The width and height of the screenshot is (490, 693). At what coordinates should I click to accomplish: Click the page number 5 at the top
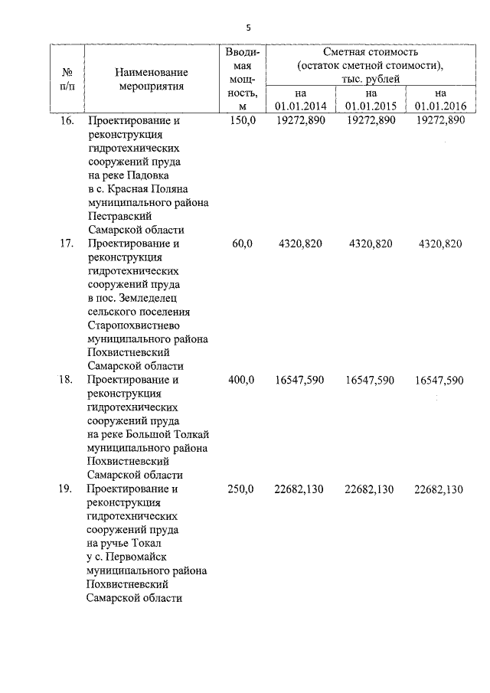tap(247, 28)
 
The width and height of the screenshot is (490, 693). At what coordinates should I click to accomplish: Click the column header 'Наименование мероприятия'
tap(151, 79)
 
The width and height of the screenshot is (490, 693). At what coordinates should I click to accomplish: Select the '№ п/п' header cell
tap(67, 79)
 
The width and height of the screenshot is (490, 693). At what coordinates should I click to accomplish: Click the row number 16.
tap(67, 121)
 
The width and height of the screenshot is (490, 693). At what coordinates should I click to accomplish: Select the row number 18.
tap(67, 380)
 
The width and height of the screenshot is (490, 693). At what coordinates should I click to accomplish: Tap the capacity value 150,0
tap(242, 121)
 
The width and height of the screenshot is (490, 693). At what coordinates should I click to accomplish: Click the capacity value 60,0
tap(242, 244)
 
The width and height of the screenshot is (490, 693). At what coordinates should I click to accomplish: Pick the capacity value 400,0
tap(242, 380)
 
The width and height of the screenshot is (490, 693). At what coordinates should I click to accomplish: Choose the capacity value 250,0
tap(242, 490)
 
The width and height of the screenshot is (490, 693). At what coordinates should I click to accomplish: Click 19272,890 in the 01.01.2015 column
tap(371, 121)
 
